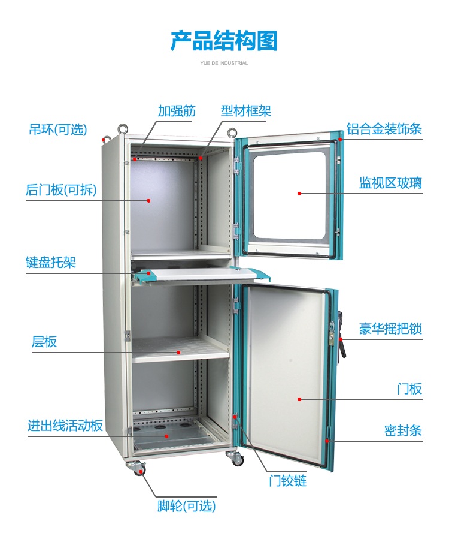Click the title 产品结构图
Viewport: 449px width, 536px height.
[x=224, y=41]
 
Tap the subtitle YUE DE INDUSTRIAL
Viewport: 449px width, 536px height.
[x=224, y=63]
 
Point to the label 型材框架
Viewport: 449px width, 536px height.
[x=246, y=111]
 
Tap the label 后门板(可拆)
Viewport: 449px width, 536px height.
[x=61, y=190]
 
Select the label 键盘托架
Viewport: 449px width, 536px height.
[x=51, y=262]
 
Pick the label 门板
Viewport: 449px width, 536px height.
[x=409, y=389]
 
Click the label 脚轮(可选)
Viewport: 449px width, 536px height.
[x=186, y=506]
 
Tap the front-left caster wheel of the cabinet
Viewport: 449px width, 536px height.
[x=135, y=468]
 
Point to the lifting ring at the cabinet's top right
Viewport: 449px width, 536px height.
[x=232, y=131]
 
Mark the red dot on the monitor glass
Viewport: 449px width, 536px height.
[x=299, y=194]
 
